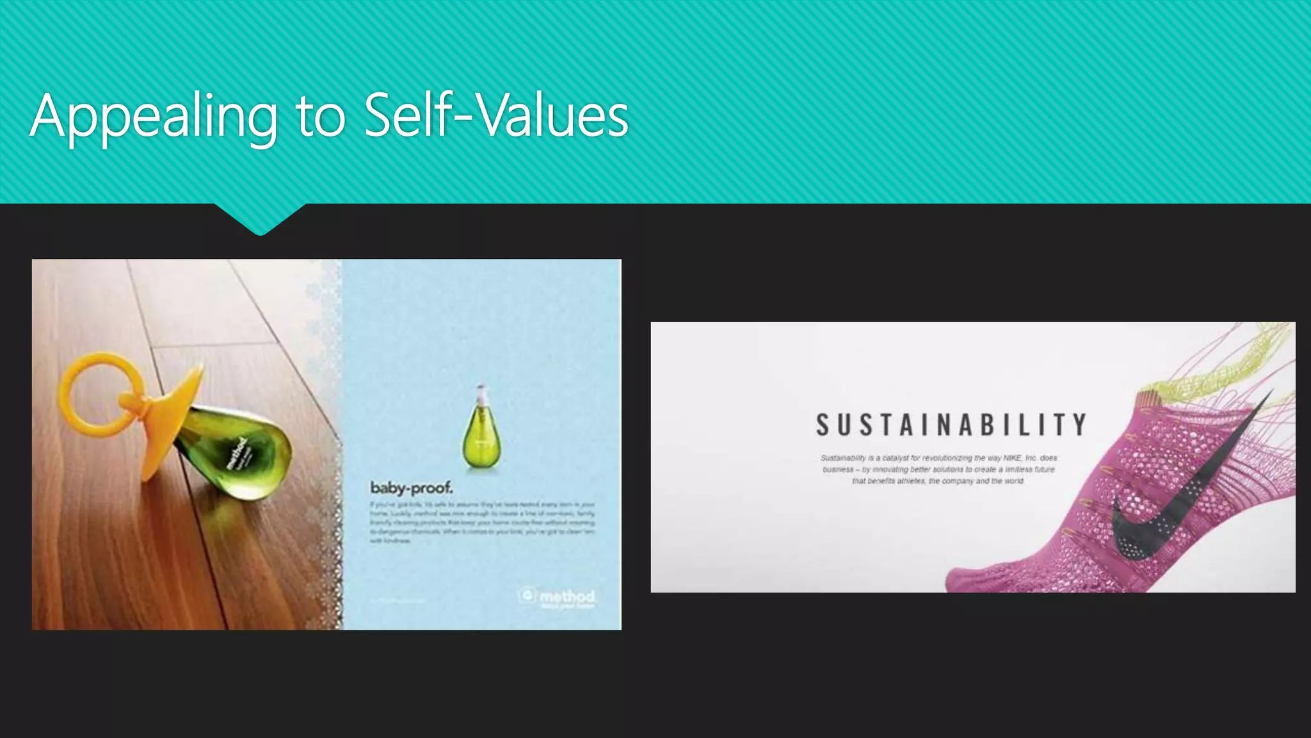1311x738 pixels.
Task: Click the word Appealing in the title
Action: tap(154, 117)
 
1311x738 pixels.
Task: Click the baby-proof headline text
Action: tap(412, 488)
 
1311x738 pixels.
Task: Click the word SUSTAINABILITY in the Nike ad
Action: tap(951, 425)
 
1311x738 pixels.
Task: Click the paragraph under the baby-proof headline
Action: tap(482, 522)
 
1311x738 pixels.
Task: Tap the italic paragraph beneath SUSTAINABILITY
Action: tap(938, 470)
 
